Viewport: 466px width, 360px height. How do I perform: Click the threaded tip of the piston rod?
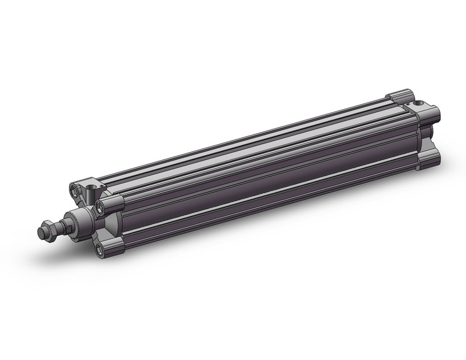click(x=42, y=234)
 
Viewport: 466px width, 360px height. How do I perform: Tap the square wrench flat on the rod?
click(x=61, y=225)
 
